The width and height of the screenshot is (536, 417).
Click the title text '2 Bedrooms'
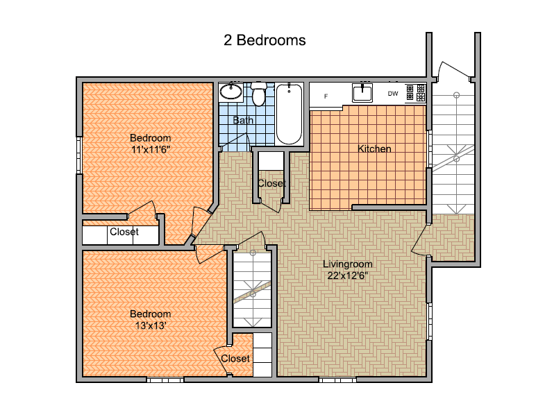tap(265, 40)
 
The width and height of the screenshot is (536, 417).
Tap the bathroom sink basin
tap(231, 92)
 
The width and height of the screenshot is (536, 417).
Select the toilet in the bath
tap(258, 94)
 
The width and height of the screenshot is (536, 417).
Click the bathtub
tap(289, 114)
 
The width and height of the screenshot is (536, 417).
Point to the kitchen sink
tap(362, 93)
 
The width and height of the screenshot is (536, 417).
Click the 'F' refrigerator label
tap(326, 96)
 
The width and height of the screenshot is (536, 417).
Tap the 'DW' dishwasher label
tap(393, 93)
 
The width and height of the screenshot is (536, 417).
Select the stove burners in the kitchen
tap(415, 93)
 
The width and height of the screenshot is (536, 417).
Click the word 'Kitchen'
tap(374, 148)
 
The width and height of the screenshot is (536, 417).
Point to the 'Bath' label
tap(243, 120)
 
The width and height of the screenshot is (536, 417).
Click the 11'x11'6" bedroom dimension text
tap(151, 149)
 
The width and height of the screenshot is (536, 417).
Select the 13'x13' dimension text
tap(151, 325)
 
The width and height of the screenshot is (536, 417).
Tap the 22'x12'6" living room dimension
tap(348, 275)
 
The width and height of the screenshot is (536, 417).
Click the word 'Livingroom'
tap(348, 264)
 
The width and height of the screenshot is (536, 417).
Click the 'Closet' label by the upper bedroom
tap(124, 232)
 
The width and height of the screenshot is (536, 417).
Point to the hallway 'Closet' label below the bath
tap(271, 183)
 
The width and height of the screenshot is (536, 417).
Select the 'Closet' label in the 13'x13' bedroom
tap(235, 358)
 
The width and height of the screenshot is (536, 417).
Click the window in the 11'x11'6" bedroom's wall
tap(79, 155)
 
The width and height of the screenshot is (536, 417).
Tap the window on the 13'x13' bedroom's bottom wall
tap(165, 379)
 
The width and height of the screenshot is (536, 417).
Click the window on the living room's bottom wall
tap(337, 379)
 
